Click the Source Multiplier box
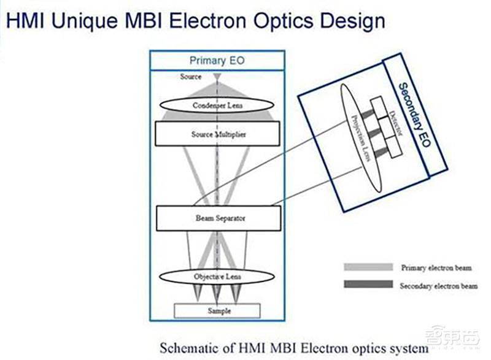(218, 134)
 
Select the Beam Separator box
(218, 218)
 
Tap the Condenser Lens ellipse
(218, 105)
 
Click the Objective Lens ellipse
(218, 277)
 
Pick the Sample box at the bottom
(218, 311)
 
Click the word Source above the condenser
(191, 77)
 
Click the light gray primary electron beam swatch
(368, 267)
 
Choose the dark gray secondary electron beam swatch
(368, 285)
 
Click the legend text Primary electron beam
(436, 268)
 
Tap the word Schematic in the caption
(187, 348)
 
